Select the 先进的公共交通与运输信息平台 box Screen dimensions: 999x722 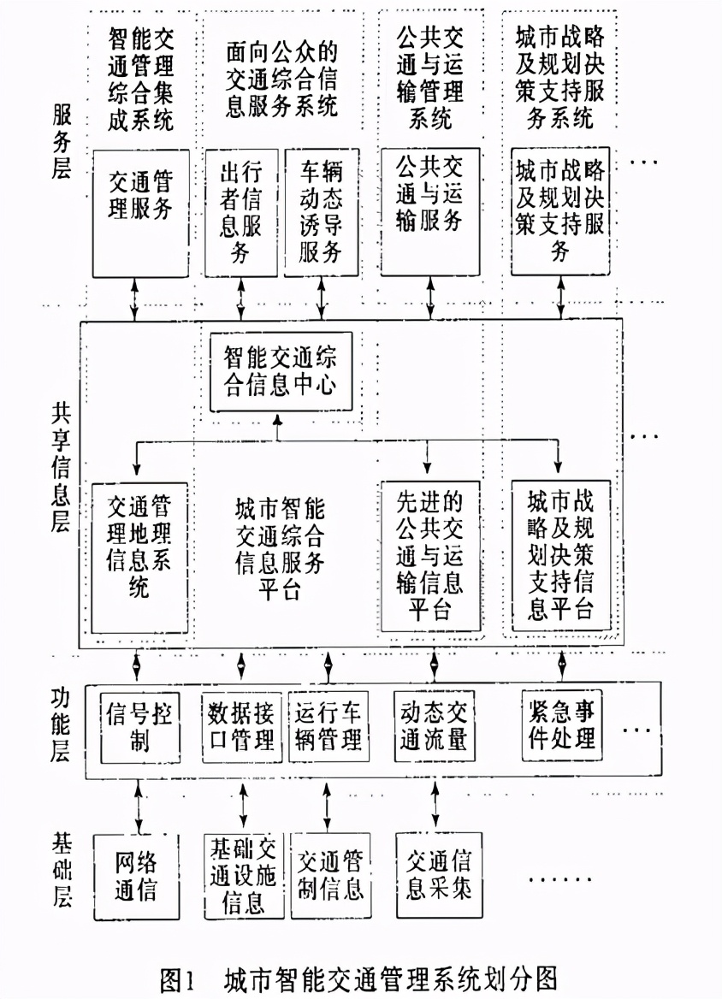click(x=431, y=556)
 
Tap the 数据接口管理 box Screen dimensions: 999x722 click(x=242, y=726)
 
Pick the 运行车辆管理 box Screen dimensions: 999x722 click(x=328, y=726)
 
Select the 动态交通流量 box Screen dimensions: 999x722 click(x=433, y=726)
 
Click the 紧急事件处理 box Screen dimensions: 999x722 click(x=562, y=724)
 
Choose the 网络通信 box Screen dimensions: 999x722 click(x=137, y=876)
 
